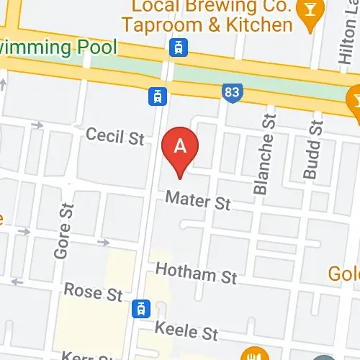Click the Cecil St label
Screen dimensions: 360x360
pyautogui.click(x=115, y=135)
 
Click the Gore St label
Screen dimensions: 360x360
pyautogui.click(x=63, y=230)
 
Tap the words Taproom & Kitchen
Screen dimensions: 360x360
pyautogui.click(x=207, y=25)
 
